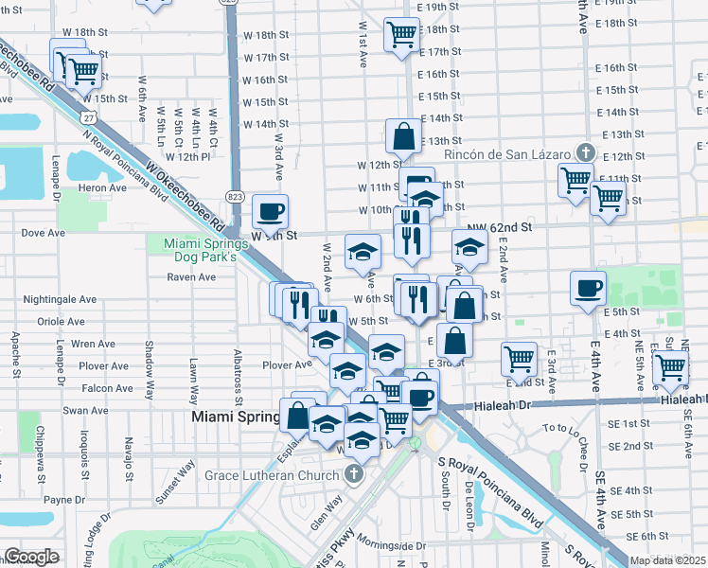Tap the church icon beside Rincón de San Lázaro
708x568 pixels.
[586, 152]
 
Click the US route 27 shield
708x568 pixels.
[87, 116]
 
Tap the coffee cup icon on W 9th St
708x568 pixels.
[271, 210]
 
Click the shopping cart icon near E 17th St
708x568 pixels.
[401, 34]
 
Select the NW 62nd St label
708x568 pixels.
[500, 228]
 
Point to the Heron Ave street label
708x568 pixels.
[104, 188]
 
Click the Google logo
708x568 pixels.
[31, 557]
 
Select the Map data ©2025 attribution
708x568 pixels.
[666, 560]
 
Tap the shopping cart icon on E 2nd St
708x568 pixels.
[519, 359]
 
